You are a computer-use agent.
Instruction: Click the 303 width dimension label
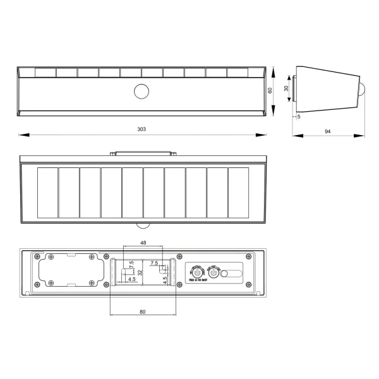click(141, 129)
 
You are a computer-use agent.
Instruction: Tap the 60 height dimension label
click(270, 90)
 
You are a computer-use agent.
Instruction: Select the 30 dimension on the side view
click(286, 90)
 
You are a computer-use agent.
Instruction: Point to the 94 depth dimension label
click(328, 131)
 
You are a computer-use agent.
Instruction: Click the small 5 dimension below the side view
click(298, 116)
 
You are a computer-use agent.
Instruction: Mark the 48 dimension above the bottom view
click(143, 243)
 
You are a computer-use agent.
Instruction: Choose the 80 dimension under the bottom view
click(142, 311)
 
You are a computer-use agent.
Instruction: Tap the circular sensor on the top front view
click(141, 92)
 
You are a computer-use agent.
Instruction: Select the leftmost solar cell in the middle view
click(48, 193)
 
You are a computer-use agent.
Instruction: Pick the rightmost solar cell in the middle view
click(238, 193)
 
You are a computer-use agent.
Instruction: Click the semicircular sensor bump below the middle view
click(143, 226)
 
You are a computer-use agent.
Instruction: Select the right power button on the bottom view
click(214, 273)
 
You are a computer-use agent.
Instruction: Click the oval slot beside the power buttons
click(231, 274)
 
